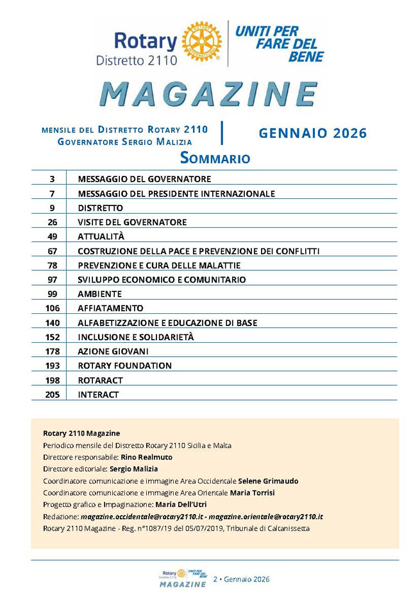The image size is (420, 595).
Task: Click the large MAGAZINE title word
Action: (209, 94)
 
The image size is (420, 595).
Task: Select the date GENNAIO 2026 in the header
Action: (312, 134)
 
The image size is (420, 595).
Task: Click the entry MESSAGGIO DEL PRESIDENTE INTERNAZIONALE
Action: (176, 193)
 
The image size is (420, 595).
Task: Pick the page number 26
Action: (53, 222)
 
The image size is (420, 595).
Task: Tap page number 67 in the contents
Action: (53, 251)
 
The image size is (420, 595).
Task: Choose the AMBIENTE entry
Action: (99, 294)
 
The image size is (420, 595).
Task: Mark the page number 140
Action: (53, 323)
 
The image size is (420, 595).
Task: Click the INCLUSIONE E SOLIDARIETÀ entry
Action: (136, 337)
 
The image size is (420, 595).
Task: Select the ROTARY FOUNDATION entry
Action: (124, 366)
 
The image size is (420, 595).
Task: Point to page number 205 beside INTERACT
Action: (53, 395)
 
